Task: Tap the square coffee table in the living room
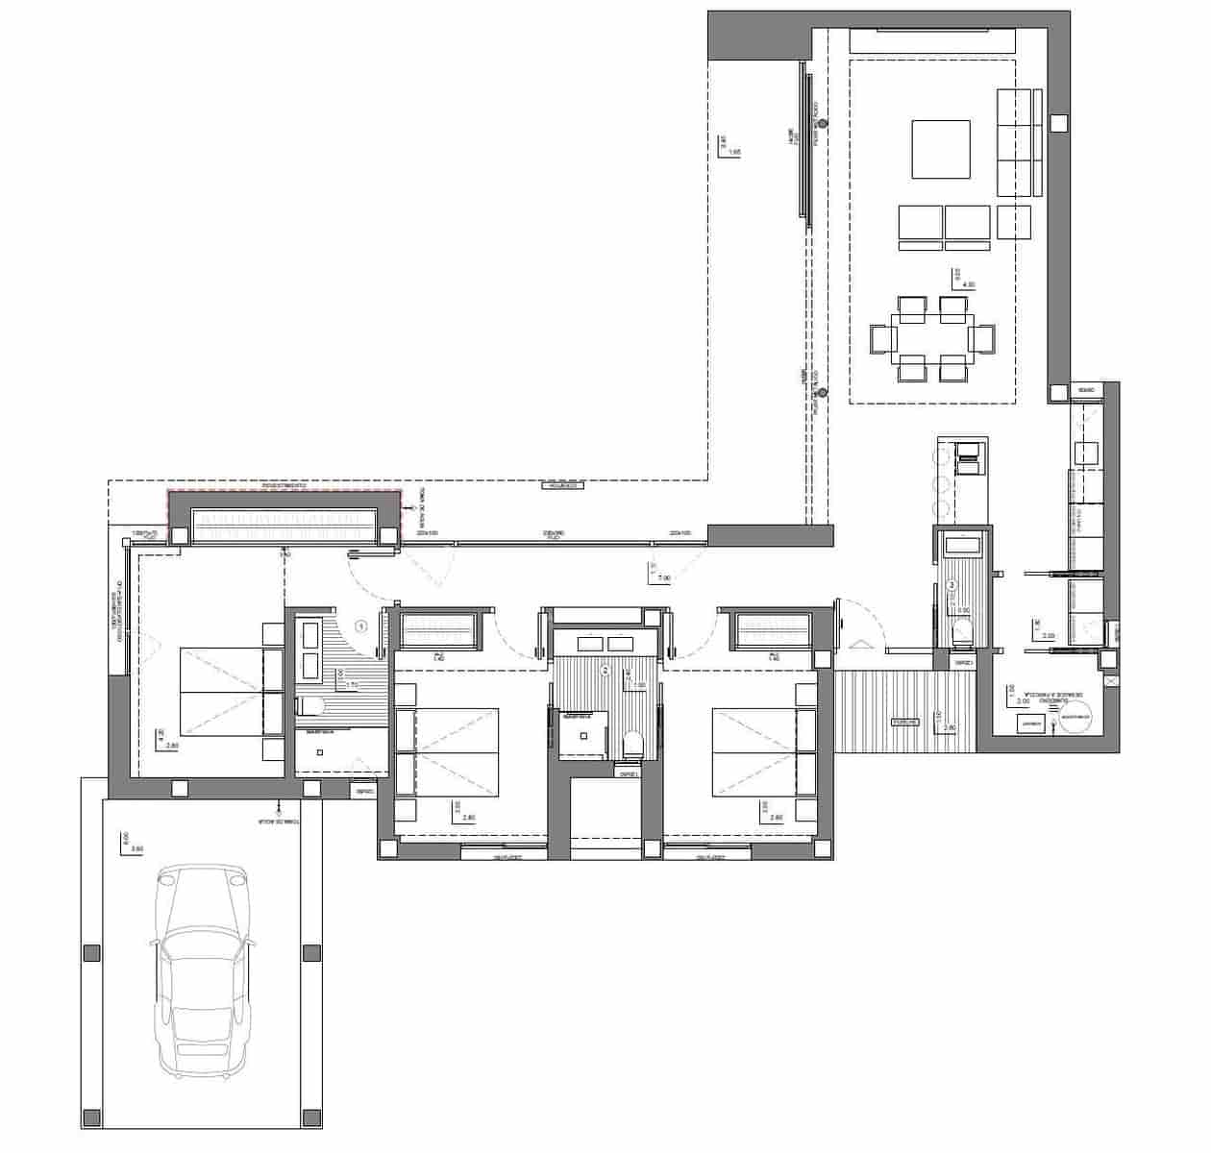click(x=940, y=149)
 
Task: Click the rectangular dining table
click(x=932, y=338)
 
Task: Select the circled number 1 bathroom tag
click(x=361, y=626)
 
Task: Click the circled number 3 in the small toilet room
click(x=951, y=584)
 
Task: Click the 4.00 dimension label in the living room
click(x=968, y=284)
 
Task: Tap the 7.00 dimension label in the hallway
click(x=662, y=577)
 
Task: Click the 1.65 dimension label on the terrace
click(x=734, y=152)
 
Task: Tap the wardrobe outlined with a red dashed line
click(x=284, y=520)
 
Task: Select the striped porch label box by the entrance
click(x=904, y=721)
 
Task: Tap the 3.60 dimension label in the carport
click(x=136, y=849)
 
